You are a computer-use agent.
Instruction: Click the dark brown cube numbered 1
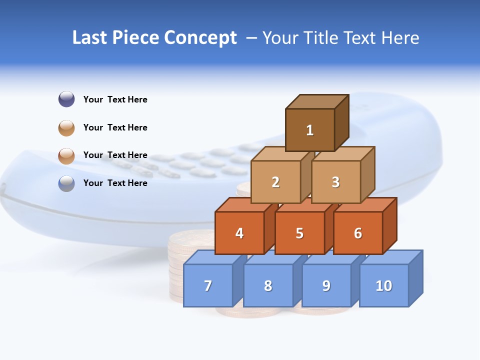(x=310, y=130)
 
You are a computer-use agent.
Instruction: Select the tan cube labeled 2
(x=275, y=182)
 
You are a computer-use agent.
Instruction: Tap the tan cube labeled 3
(x=335, y=182)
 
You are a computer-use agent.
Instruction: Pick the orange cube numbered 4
(x=239, y=233)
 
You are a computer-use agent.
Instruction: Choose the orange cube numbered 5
(x=299, y=233)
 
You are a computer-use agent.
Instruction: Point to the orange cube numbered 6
(x=358, y=233)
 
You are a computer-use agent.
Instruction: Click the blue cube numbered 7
(x=208, y=285)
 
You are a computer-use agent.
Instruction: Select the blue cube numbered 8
(x=268, y=285)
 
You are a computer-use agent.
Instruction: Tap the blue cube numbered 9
(x=326, y=285)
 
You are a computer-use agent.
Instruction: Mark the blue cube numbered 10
(x=384, y=285)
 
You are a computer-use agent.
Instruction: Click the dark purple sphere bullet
(x=66, y=99)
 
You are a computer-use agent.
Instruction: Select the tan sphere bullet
(x=66, y=127)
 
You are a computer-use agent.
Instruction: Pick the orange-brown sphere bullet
(x=66, y=155)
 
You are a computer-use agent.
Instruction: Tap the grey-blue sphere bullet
(x=66, y=183)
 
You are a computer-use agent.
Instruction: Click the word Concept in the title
(x=200, y=38)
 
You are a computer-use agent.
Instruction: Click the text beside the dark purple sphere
(x=115, y=99)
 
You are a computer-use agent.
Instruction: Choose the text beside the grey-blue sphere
(x=115, y=183)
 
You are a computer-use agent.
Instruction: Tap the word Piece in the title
(x=136, y=38)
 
